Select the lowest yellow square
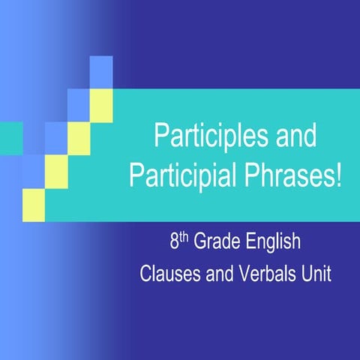(34, 200)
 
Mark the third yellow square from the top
(56, 166)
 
